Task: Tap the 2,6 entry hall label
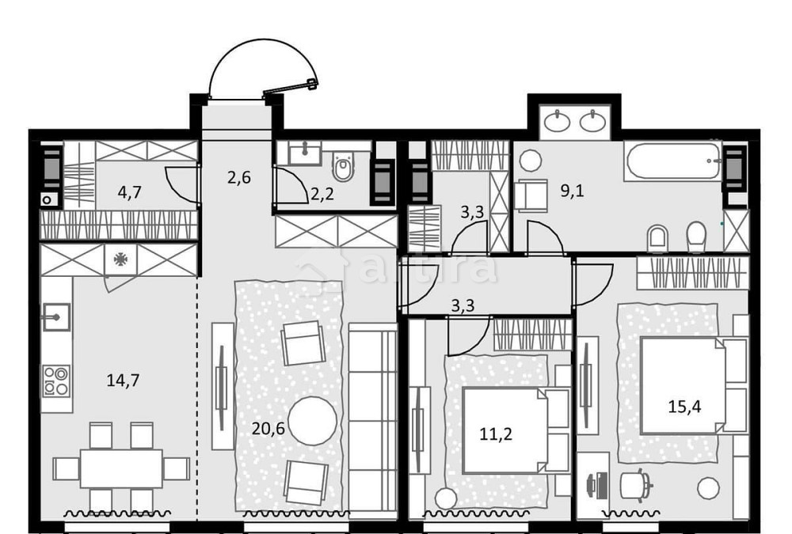[238, 177]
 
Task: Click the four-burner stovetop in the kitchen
[56, 380]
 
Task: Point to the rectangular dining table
[121, 468]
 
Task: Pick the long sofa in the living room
[372, 419]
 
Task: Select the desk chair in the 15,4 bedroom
[635, 483]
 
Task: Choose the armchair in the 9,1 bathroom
[530, 194]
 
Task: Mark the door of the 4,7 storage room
[181, 187]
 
